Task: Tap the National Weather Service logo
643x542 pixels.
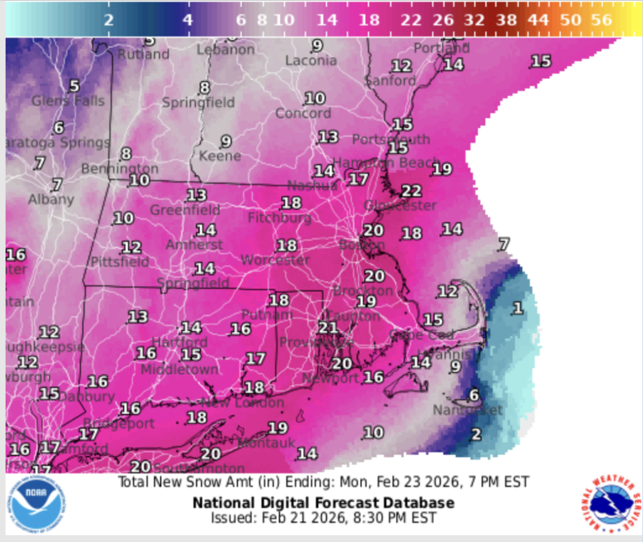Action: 610,504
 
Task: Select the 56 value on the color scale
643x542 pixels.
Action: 601,19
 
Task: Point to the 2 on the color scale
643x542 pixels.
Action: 109,19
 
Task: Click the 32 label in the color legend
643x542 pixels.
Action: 475,19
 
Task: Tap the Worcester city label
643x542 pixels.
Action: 275,259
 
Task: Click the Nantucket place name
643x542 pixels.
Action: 468,410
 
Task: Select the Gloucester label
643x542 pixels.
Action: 401,205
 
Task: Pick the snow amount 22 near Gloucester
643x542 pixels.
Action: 411,191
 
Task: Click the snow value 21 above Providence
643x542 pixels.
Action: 328,327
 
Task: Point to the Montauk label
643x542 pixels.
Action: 266,443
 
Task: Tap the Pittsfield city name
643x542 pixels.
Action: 120,261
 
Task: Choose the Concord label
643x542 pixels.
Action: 303,113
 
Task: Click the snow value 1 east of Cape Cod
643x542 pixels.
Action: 517,308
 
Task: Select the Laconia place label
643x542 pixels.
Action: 311,60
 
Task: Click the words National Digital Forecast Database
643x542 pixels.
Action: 323,503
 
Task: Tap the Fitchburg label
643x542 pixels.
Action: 279,218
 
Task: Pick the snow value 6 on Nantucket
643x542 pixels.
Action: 474,395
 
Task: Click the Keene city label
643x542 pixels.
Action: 220,155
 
